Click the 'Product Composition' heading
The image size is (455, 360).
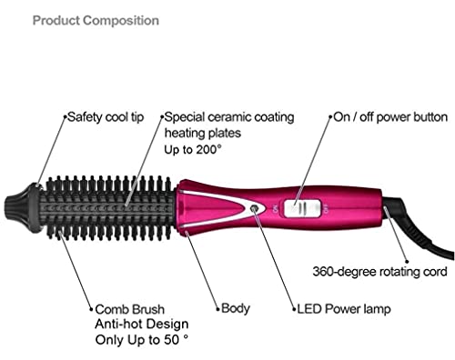click(x=96, y=20)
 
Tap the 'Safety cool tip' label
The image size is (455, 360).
click(x=106, y=117)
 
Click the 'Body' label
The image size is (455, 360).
click(x=236, y=309)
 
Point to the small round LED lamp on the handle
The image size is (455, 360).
click(x=250, y=208)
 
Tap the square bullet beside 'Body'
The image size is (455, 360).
click(x=216, y=309)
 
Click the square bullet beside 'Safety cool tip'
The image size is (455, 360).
click(x=63, y=117)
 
